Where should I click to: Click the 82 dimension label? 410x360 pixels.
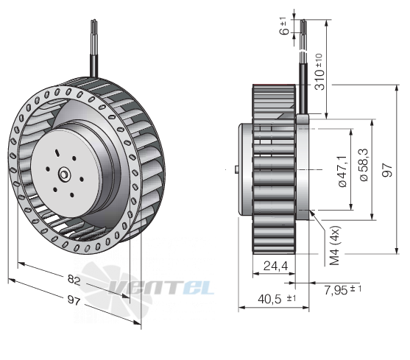pos(74,280)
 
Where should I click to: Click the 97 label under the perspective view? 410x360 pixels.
pos(74,300)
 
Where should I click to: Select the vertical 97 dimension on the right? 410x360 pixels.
pos(387,170)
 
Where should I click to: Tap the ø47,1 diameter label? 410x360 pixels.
pos(342,172)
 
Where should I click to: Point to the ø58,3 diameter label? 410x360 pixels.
pos(364,165)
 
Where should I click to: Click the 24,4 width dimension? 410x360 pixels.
pos(275,267)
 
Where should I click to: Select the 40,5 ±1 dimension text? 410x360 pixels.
pos(277,299)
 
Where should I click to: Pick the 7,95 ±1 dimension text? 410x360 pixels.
pos(342,289)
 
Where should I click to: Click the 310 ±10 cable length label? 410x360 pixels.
pos(319,72)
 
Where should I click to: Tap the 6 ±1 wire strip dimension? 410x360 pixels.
pos(283,27)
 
